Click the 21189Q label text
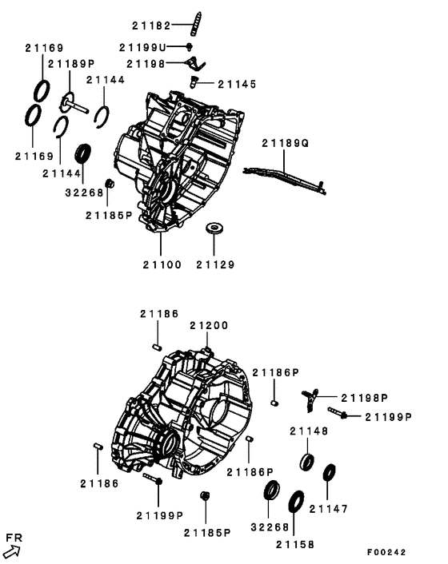(x=285, y=143)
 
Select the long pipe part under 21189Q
(x=284, y=175)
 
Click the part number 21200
(x=209, y=325)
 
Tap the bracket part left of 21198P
(x=311, y=398)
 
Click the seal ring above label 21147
(x=329, y=472)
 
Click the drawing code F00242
(x=386, y=552)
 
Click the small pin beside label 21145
(x=194, y=81)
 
